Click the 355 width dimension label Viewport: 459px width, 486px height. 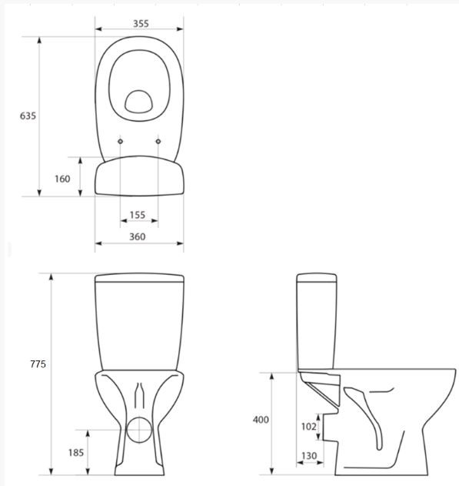[141, 24]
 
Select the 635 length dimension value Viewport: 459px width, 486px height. [28, 116]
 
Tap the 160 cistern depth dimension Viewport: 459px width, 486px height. [62, 179]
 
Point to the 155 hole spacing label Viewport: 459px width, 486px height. [138, 215]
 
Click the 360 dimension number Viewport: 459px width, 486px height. [137, 236]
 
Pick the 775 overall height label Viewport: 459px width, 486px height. [38, 364]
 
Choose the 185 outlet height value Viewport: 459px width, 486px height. [76, 453]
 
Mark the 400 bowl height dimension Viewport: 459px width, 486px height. [261, 420]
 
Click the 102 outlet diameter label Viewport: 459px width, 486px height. [308, 427]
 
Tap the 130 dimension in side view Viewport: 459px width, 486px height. [309, 456]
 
